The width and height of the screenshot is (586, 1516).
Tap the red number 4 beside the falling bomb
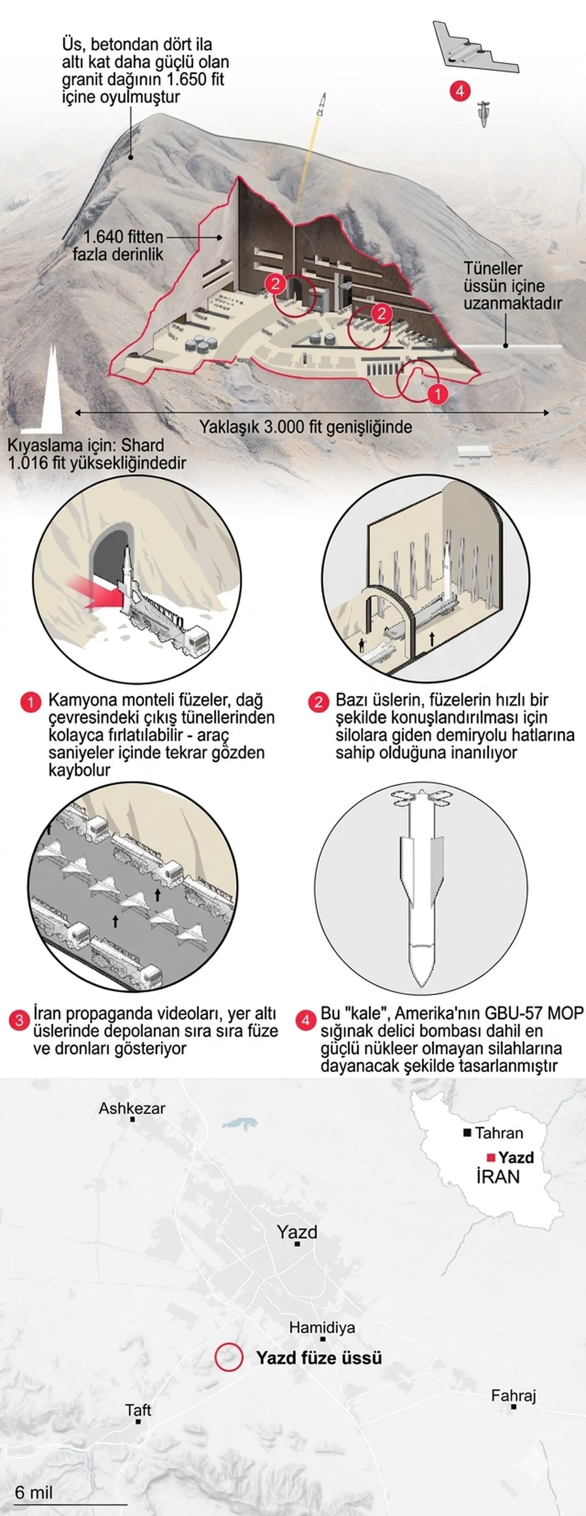tap(460, 91)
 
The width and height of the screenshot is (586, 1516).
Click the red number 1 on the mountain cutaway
tap(437, 393)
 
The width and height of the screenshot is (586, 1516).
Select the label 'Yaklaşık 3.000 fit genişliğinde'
tap(305, 427)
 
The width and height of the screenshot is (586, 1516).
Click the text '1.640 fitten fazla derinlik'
tap(118, 245)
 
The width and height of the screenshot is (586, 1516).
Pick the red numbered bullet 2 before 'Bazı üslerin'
tap(318, 702)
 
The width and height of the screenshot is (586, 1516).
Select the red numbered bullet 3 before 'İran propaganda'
tap(19, 1020)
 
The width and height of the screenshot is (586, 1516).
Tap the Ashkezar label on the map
tap(132, 1108)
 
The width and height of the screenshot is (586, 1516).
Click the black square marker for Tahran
tap(467, 1132)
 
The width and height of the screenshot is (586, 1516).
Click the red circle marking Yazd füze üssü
tap(229, 1357)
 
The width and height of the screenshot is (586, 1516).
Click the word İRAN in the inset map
tap(498, 1177)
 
